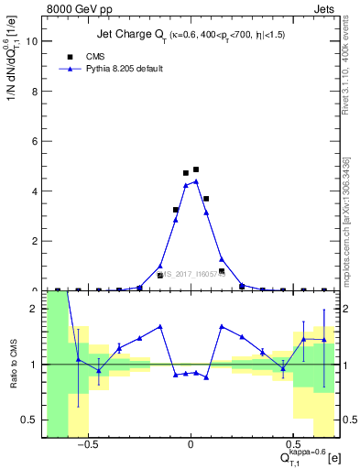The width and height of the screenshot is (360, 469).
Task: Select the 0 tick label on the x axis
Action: [x=191, y=445]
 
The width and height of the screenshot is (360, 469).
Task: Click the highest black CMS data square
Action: [x=196, y=169]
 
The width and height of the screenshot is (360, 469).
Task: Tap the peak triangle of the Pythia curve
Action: [x=196, y=181]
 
